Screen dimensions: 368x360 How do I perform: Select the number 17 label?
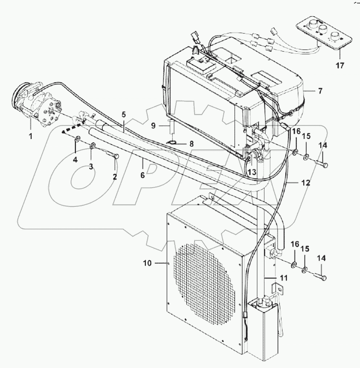point(340,66)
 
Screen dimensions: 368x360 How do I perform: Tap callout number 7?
point(320,91)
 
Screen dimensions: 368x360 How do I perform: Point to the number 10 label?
point(147,264)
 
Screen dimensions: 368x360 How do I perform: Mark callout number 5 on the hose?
point(123,114)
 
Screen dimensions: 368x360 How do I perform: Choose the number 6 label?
point(142,175)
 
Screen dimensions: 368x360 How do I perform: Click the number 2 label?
point(114,177)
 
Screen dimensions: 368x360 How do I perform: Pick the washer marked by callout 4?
point(77,140)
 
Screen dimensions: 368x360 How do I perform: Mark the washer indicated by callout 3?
point(92,147)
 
